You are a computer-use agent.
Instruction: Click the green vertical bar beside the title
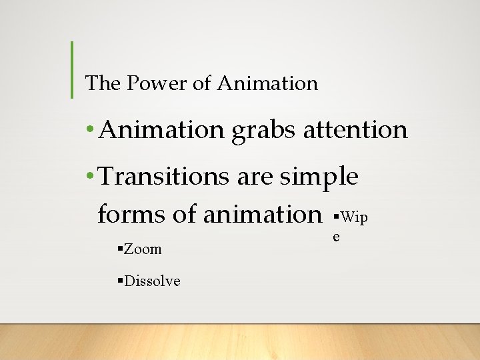(x=72, y=70)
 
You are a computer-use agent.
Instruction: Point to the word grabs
(x=263, y=129)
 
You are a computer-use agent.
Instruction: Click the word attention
(x=355, y=129)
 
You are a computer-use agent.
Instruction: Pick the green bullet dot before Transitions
(x=89, y=177)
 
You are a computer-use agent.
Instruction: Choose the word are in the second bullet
(x=256, y=177)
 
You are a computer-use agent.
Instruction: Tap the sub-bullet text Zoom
(x=143, y=249)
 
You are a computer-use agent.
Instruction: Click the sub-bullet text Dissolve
(x=152, y=281)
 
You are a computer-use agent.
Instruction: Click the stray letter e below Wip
(x=337, y=236)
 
